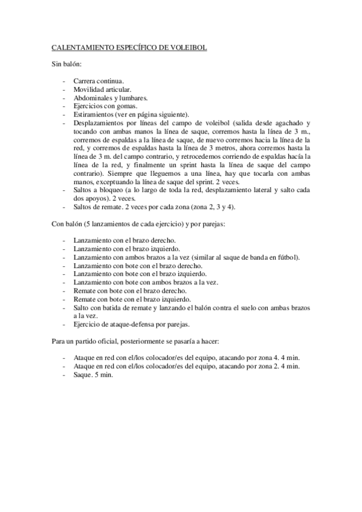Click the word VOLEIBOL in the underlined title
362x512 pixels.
point(188,46)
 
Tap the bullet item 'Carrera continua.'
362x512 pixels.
point(99,80)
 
